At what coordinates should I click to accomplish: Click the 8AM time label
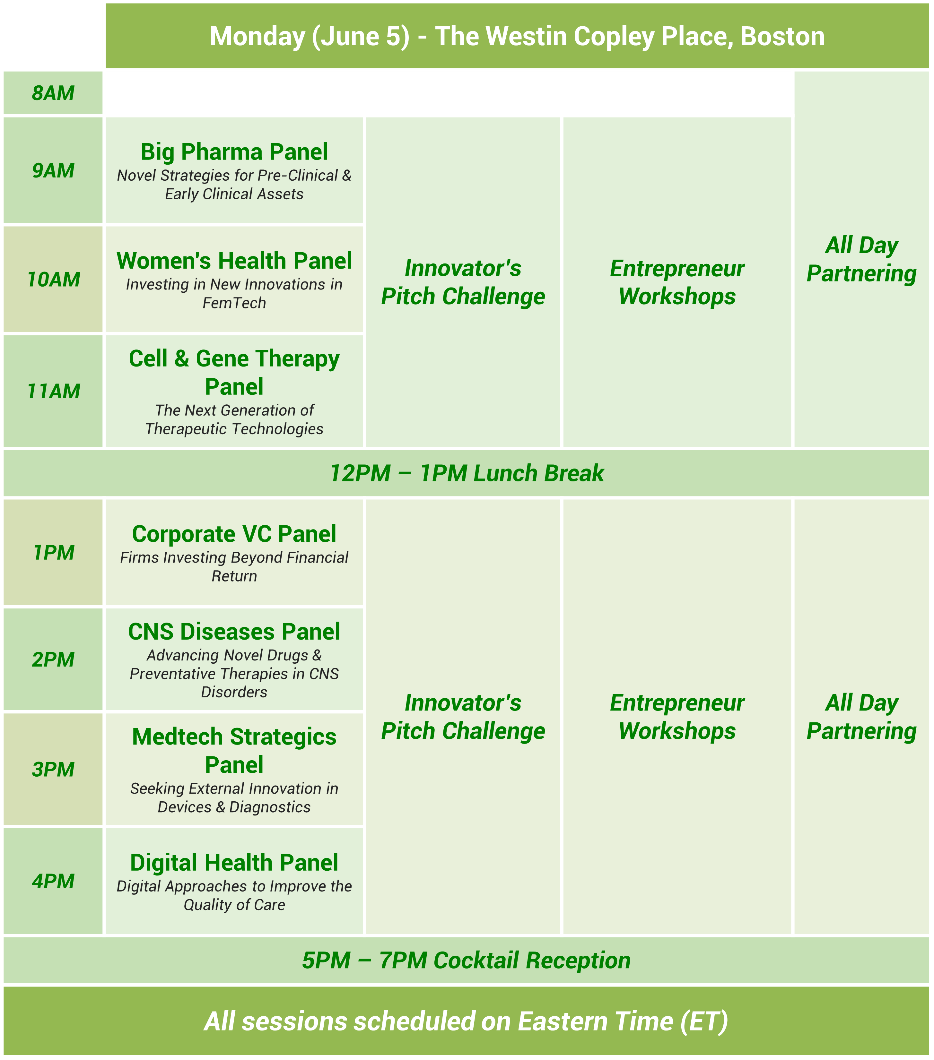53,93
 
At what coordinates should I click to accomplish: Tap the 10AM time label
53,280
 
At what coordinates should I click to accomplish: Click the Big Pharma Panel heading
234,152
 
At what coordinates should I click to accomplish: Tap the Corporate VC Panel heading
234,534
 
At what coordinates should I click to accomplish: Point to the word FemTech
234,303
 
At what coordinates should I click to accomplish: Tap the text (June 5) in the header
361,36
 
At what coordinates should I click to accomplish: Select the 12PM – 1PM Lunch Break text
467,473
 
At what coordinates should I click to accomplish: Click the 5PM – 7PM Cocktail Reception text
467,961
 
